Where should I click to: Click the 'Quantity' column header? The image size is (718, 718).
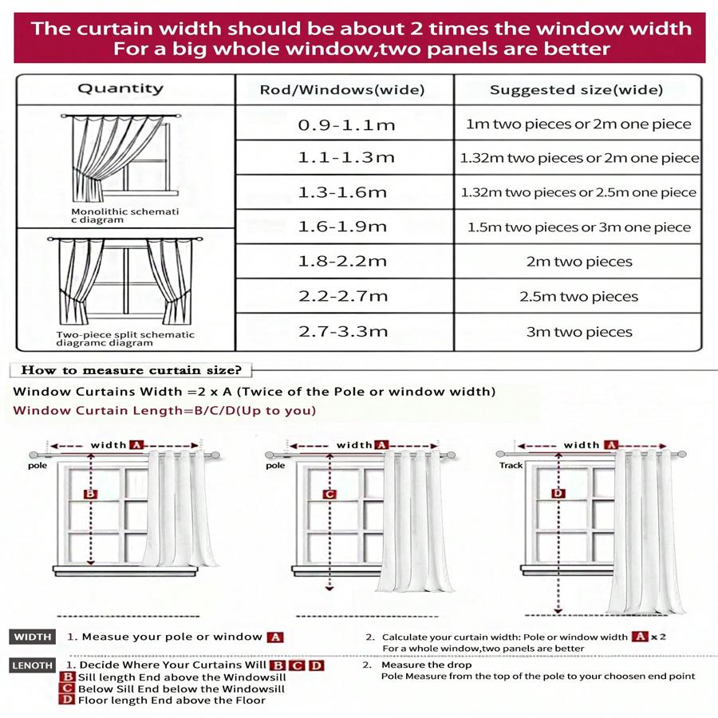point(120,89)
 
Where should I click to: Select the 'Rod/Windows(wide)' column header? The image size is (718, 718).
point(342,89)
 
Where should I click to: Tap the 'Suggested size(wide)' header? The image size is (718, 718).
point(576,89)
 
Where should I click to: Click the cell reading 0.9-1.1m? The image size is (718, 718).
point(346,124)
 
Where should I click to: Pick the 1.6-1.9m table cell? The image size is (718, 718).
point(342,227)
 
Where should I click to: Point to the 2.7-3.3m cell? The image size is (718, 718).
point(342,331)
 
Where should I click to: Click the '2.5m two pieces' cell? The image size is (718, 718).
point(579,297)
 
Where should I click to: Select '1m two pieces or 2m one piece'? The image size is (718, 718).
point(579,124)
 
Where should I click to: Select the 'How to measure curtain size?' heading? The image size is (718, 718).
point(132,370)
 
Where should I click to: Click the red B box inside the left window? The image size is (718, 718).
point(90,495)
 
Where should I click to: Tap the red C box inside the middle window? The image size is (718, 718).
point(329,495)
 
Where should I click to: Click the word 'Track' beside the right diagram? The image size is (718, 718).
point(511,464)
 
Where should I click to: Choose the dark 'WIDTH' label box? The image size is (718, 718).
point(33,637)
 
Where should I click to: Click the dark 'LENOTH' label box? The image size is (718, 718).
point(33,665)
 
